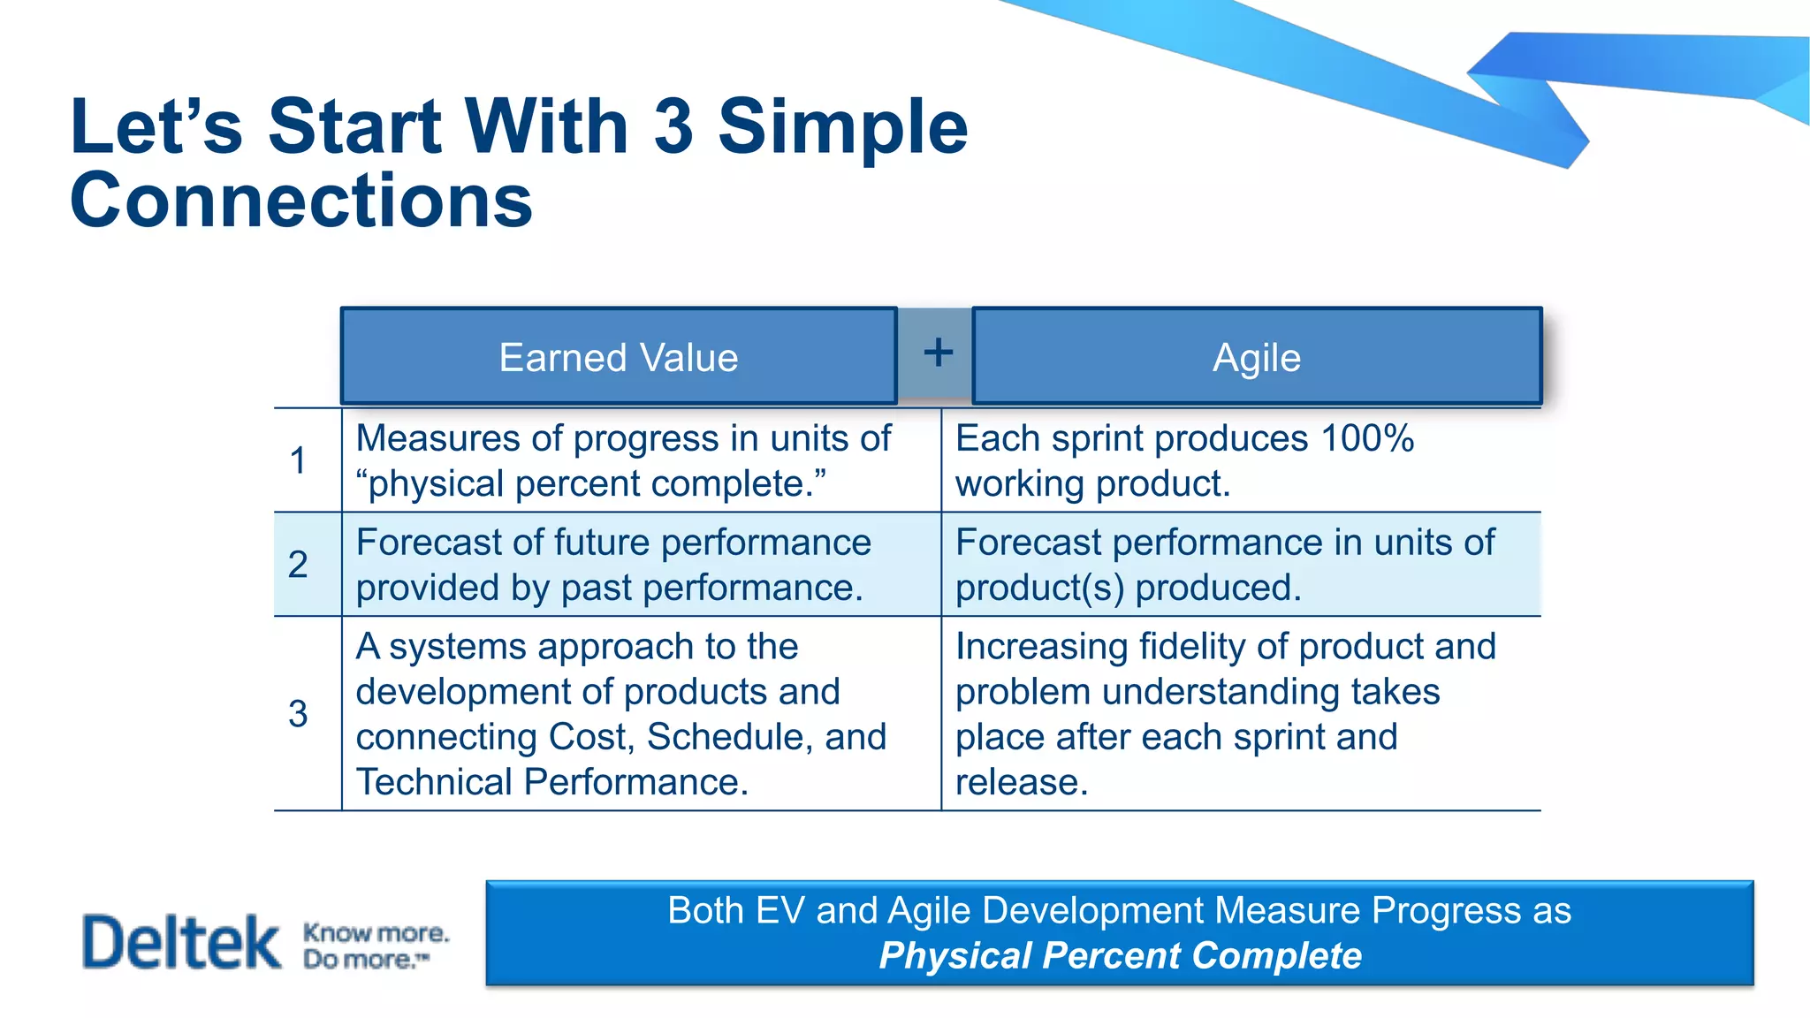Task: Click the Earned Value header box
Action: [619, 358]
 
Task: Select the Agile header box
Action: [1256, 358]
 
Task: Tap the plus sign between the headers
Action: [938, 353]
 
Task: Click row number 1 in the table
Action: [298, 460]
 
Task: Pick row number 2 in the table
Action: [298, 565]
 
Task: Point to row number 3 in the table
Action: [298, 714]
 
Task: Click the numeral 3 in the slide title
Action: [673, 126]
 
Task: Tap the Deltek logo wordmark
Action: [181, 942]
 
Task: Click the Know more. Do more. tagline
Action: [375, 946]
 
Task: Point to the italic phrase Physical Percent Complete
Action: [1120, 956]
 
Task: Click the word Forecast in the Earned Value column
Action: [415, 543]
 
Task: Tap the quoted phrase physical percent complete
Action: [590, 484]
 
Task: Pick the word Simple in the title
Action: [842, 126]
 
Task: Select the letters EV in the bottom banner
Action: [780, 911]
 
